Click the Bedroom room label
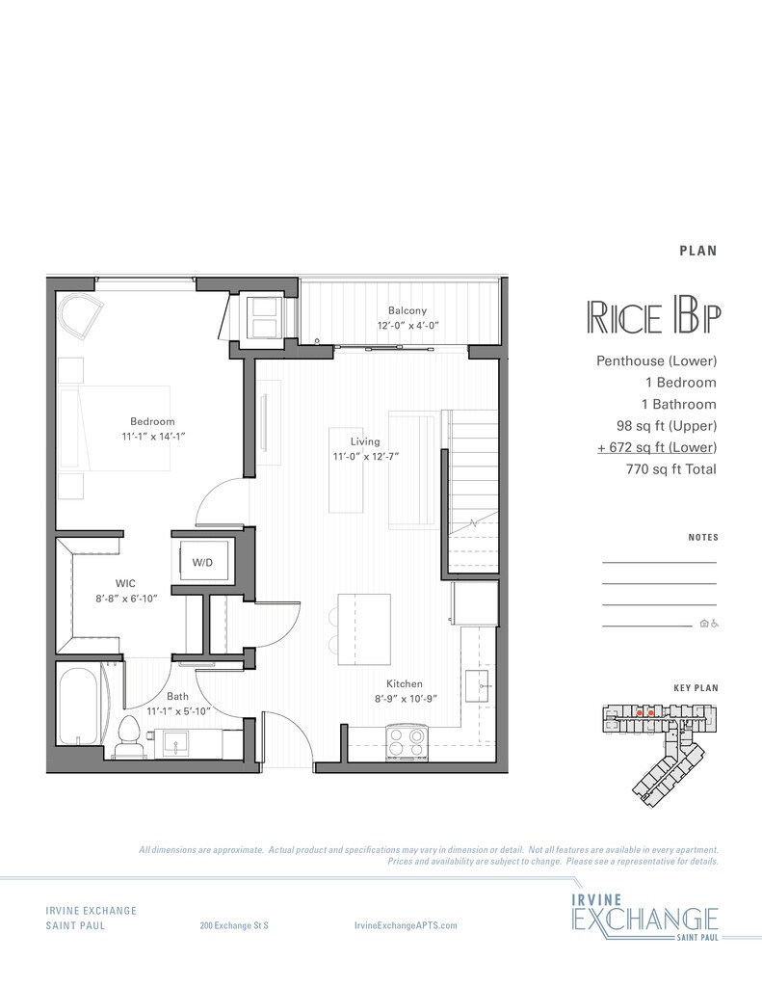click(x=153, y=421)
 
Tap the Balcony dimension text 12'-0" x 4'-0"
click(x=407, y=326)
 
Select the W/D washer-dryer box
click(x=202, y=561)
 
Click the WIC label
click(x=124, y=583)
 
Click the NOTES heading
click(x=703, y=538)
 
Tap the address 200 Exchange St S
click(x=234, y=925)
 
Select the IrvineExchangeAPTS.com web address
click(x=406, y=925)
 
